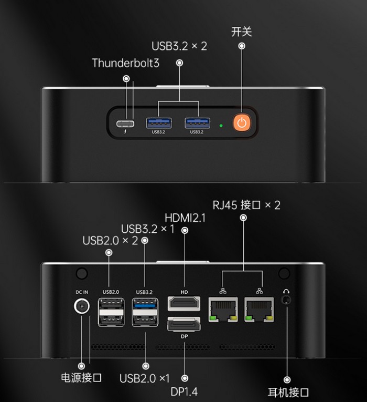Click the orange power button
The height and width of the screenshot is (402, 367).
(x=241, y=123)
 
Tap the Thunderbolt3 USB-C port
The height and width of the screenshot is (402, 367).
(x=126, y=124)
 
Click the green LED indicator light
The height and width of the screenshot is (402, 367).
(x=221, y=126)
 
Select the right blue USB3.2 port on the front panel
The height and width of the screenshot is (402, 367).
(x=197, y=123)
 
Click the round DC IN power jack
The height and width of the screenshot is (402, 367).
(x=81, y=306)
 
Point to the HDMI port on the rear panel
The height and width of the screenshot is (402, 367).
(x=183, y=304)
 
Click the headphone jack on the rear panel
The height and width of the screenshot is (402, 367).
(x=286, y=301)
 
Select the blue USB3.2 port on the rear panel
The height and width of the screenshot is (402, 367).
(x=145, y=305)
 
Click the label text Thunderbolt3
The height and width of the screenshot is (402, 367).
(x=125, y=63)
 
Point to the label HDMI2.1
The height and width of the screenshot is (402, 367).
(x=185, y=218)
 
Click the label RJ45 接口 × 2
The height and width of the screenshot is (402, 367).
(x=246, y=205)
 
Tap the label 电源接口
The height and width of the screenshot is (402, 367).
(x=81, y=377)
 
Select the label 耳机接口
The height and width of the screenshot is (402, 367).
(x=288, y=392)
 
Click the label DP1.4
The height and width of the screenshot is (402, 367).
(x=184, y=391)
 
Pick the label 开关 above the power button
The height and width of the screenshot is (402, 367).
(x=242, y=32)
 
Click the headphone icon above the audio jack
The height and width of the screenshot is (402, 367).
(x=286, y=291)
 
